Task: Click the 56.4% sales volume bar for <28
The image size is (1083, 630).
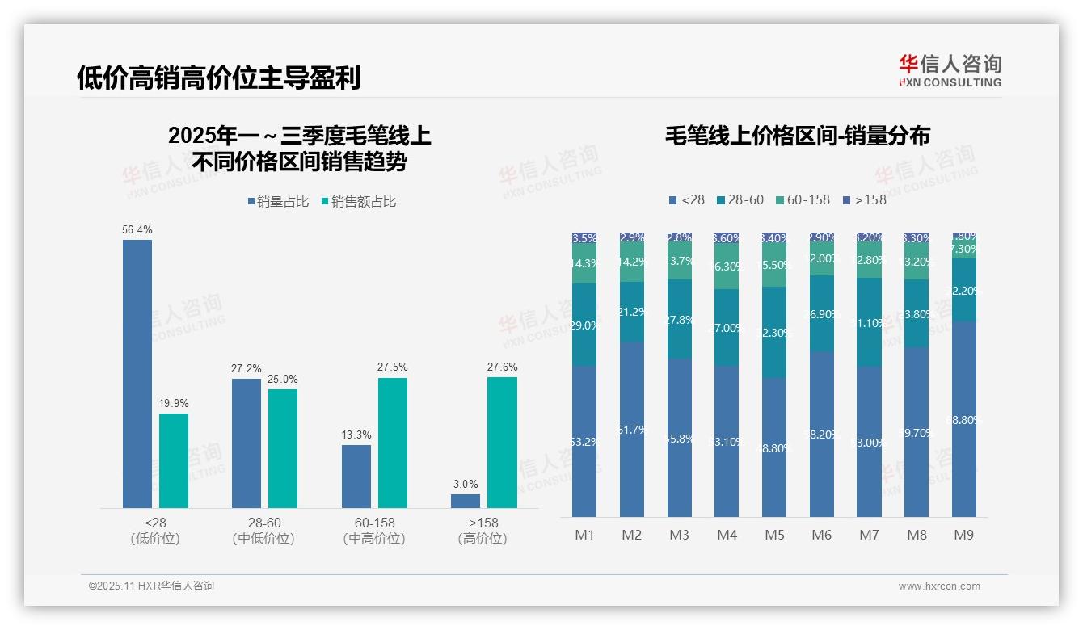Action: coord(137,373)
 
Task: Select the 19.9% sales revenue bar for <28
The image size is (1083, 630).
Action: coord(173,460)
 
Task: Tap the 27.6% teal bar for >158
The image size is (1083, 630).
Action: coord(502,443)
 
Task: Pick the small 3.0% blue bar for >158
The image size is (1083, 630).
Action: coord(466,501)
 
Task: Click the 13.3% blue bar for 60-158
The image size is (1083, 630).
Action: coord(356,477)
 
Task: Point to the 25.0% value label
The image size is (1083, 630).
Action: coord(282,379)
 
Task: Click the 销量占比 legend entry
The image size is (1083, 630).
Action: coord(278,202)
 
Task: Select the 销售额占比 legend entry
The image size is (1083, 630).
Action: coord(358,202)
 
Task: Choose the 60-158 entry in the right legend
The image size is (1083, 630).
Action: coord(803,199)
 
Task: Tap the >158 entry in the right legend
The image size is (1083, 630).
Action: coord(864,199)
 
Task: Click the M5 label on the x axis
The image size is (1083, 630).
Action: coord(774,535)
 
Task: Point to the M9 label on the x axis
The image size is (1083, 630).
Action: coord(964,535)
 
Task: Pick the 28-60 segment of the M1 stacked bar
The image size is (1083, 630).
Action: coord(584,325)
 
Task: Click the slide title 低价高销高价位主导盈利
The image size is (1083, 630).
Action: coord(218,78)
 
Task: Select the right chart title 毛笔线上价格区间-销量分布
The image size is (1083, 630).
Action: coord(797,136)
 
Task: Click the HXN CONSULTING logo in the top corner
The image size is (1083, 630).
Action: coord(950,70)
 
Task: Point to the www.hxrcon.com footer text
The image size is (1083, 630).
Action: coord(939,586)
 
